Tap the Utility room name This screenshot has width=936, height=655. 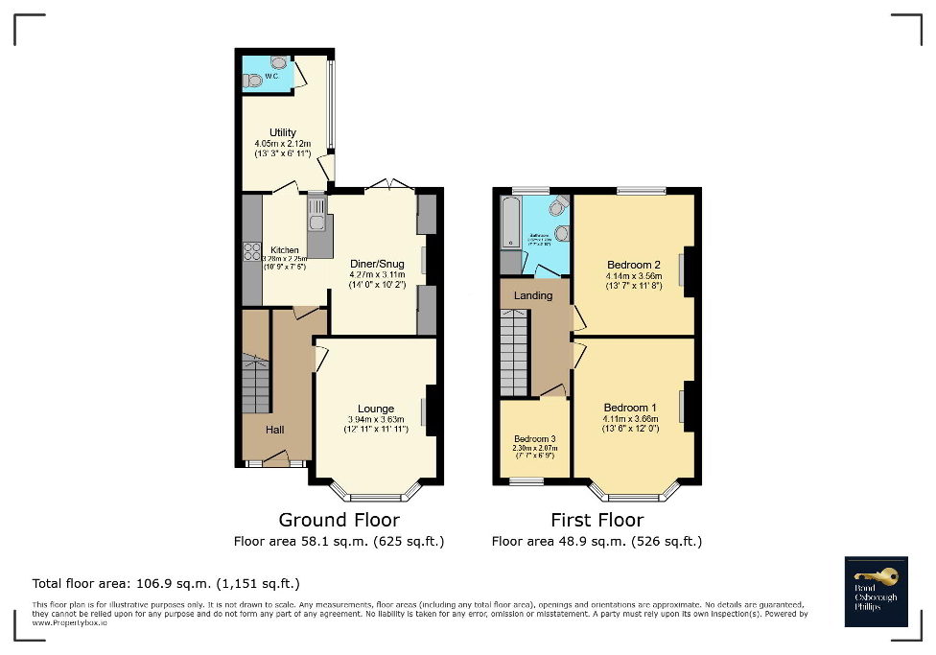coord(282,132)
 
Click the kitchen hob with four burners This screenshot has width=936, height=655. coord(252,252)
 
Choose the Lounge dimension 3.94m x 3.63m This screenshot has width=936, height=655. coord(376,419)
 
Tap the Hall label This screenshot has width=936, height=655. coord(274,429)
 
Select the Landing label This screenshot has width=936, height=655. coord(532,295)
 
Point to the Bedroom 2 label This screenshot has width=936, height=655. coord(634,265)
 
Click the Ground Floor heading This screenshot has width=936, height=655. coord(339,520)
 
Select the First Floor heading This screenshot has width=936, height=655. coord(597,520)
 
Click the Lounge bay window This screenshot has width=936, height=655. coord(376,494)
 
